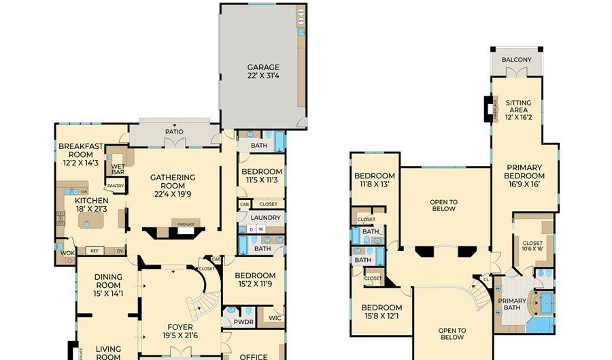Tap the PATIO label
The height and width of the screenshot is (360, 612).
174,132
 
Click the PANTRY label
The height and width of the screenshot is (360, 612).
115,185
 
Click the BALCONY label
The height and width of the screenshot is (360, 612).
516,60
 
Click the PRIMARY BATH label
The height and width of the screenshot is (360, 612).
512,305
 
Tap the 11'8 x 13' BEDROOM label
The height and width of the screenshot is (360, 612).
374,180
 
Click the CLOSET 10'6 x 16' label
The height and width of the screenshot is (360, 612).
532,245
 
